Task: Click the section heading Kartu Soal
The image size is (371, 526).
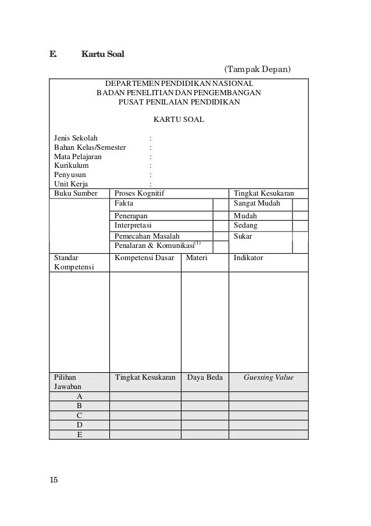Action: coord(102,55)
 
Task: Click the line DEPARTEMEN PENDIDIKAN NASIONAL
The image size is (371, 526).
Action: coord(179,84)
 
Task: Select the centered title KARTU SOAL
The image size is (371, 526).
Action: coord(179,120)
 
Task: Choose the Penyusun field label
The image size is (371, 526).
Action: coord(69,175)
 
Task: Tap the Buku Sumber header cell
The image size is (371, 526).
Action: coord(74,193)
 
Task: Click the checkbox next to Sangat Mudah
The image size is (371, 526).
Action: coord(300,204)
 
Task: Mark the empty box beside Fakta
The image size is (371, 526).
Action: coord(220,204)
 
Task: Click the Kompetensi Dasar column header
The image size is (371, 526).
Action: coord(145,257)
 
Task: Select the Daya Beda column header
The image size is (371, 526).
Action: coord(205,378)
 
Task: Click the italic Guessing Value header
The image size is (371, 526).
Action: coord(268,378)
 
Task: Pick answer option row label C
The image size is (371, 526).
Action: coord(79,416)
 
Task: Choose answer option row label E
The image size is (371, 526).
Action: coord(79,435)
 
